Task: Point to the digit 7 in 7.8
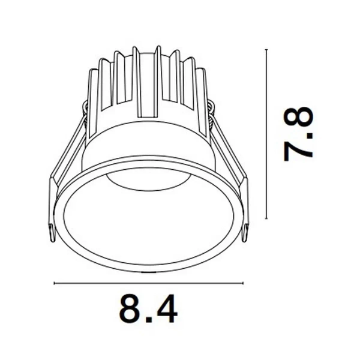[x=298, y=149]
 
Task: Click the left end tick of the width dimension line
[x=55, y=283]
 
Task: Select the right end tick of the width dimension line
[x=244, y=283]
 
